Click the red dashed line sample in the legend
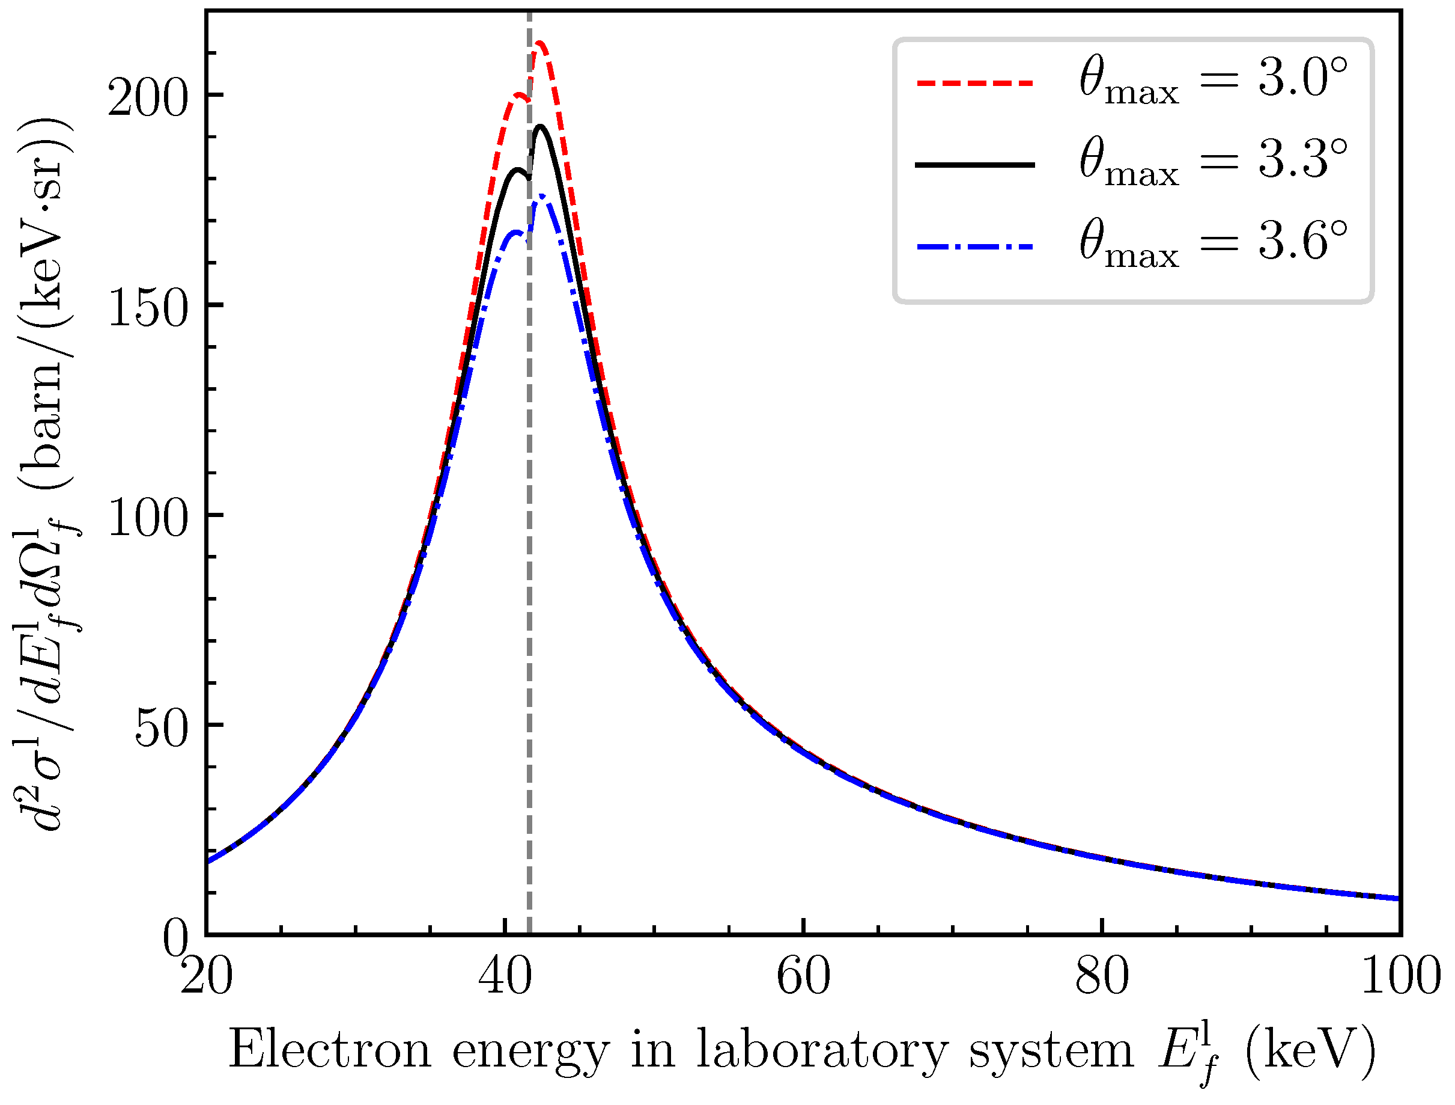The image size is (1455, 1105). pos(975,83)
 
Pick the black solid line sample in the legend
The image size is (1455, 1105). pos(975,165)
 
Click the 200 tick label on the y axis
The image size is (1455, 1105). pos(148,100)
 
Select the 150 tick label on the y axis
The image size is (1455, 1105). pos(148,310)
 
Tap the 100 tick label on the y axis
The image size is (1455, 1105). pos(148,520)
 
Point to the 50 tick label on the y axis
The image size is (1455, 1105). pos(162,730)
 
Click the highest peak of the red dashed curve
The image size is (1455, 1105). pos(540,43)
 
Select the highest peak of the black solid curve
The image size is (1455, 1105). pos(541,126)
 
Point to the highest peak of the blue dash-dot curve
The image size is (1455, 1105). pos(541,196)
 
